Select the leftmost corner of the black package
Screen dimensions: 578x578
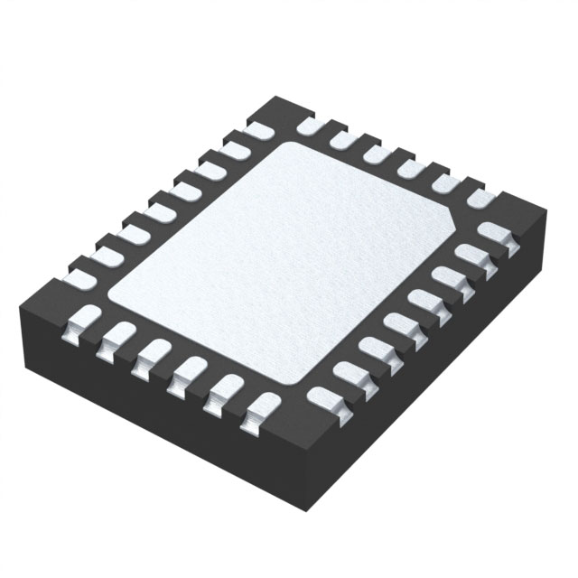[x=20, y=310]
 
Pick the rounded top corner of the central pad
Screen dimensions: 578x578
[x=294, y=144]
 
